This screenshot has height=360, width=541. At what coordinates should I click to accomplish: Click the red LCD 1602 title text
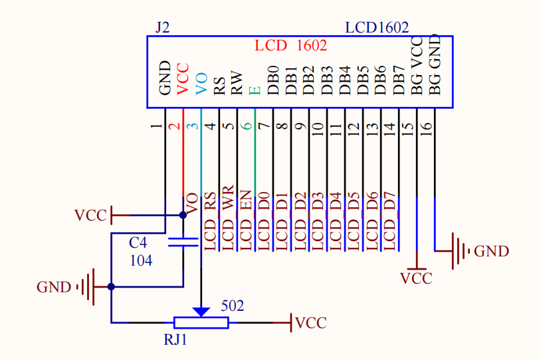click(290, 46)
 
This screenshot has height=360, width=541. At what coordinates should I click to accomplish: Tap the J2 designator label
click(163, 27)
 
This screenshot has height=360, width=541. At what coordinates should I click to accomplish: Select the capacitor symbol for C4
click(183, 242)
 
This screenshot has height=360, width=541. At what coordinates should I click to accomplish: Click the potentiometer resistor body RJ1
click(201, 323)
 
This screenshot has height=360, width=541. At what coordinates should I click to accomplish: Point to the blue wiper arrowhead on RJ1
click(201, 312)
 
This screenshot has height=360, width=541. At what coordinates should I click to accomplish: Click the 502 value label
click(233, 306)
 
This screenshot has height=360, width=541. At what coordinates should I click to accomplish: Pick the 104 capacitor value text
click(141, 260)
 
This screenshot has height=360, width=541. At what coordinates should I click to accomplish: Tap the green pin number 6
click(247, 126)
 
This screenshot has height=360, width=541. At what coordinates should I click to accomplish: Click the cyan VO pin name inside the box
click(201, 84)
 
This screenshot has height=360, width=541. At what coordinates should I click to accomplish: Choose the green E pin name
click(255, 91)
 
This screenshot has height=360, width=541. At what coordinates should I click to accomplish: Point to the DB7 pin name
click(399, 80)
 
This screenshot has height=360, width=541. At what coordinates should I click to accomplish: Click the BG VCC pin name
click(417, 66)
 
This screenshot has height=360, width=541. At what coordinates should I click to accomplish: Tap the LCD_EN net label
click(246, 221)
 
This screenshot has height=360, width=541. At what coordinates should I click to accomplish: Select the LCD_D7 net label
click(389, 221)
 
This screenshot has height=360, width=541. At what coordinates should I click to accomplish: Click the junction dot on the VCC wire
click(183, 215)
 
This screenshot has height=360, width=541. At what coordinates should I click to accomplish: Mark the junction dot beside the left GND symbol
click(111, 286)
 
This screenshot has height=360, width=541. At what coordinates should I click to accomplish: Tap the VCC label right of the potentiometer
click(311, 323)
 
